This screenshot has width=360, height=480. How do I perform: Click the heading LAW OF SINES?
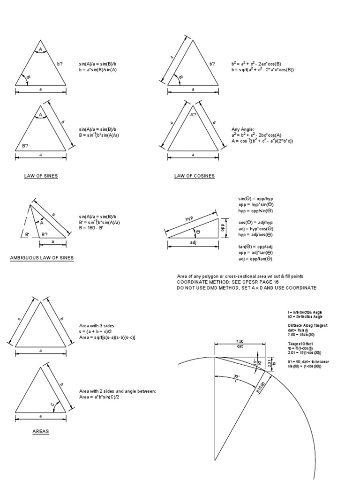[41, 176]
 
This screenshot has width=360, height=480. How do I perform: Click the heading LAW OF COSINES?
[194, 176]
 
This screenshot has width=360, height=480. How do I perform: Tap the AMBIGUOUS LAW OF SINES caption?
[42, 258]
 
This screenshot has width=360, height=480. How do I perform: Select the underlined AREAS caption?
[40, 432]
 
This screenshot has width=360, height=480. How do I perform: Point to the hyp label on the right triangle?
[189, 219]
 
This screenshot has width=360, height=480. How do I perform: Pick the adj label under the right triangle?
[193, 243]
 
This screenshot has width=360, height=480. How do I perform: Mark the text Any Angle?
[243, 129]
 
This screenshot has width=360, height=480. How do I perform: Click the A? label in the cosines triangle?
[194, 114]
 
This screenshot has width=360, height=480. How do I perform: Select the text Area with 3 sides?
[97, 325]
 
